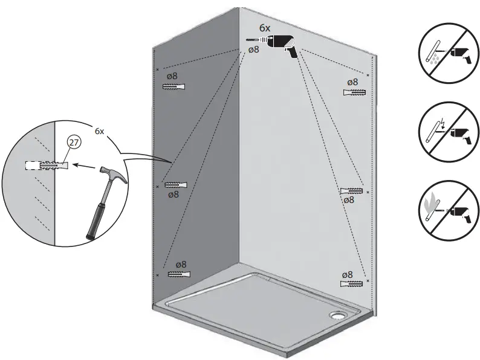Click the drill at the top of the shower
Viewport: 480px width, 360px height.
[279, 43]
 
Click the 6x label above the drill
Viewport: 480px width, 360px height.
[264, 28]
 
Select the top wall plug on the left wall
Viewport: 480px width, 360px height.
[174, 87]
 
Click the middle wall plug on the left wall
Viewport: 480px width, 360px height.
[175, 184]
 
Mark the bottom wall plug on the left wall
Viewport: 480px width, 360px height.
[176, 275]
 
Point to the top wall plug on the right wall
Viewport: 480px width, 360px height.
[354, 92]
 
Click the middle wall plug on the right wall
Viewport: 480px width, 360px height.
[352, 191]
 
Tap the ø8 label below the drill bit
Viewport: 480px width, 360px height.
[254, 50]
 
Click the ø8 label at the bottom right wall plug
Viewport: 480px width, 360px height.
[348, 274]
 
